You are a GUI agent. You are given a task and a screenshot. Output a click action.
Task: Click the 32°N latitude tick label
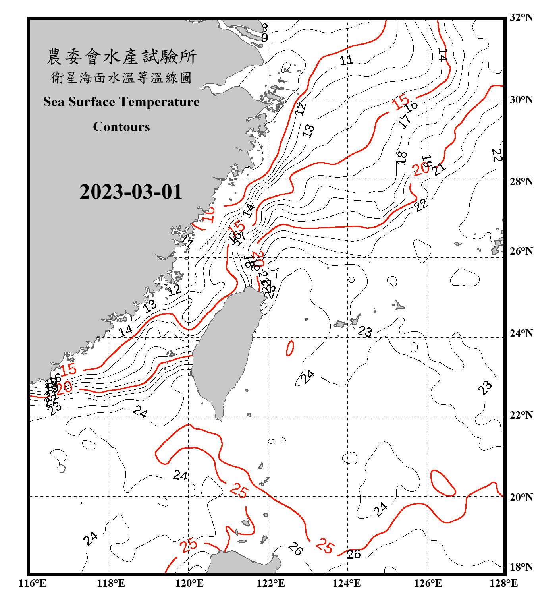click(521, 17)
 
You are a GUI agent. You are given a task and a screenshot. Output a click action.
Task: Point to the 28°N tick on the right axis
click(521, 182)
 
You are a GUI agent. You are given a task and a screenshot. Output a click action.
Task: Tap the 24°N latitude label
click(521, 333)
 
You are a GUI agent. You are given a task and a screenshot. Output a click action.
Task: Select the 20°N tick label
click(521, 497)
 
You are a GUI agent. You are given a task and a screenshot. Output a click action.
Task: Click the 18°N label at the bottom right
click(521, 567)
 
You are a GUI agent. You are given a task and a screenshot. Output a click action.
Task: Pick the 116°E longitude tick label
click(33, 583)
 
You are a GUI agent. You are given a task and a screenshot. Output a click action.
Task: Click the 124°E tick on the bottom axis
click(347, 583)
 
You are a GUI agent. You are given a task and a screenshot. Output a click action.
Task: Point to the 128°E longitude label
click(503, 583)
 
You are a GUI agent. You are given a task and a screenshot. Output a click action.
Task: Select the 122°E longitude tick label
click(271, 583)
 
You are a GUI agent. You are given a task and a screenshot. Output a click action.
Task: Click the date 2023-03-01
click(131, 192)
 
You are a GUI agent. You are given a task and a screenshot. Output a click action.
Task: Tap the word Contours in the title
click(121, 127)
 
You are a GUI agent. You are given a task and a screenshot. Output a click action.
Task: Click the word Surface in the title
click(92, 102)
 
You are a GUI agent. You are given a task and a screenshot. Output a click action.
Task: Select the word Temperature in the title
click(159, 102)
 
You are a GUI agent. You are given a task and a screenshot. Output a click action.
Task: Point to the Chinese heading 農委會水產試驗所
click(121, 57)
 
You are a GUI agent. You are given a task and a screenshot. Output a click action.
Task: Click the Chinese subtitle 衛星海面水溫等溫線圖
click(121, 77)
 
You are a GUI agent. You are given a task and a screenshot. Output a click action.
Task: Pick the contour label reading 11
click(346, 60)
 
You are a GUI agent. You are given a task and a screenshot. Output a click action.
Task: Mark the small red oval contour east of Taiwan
click(290, 348)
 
